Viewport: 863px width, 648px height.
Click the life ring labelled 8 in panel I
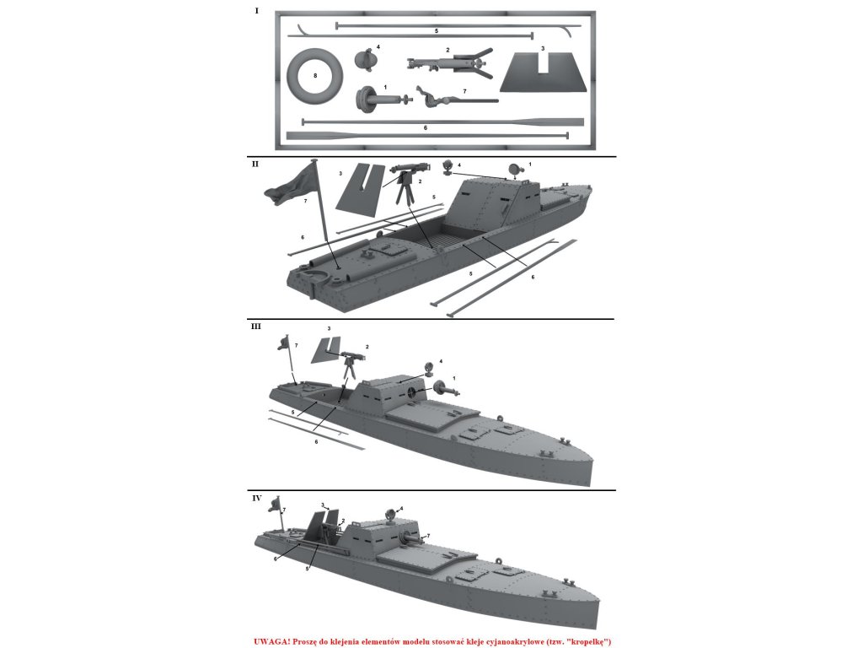tap(314, 75)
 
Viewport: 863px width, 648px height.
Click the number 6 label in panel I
tap(426, 127)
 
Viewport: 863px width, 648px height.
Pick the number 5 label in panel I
tap(436, 30)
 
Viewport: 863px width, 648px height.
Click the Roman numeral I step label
tap(256, 11)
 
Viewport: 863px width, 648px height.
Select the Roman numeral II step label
tap(255, 164)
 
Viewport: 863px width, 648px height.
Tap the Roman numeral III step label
tap(256, 326)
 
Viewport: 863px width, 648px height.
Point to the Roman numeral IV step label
tap(257, 498)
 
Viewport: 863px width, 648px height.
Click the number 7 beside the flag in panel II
tap(304, 202)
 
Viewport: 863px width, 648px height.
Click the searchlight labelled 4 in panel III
tap(428, 367)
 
